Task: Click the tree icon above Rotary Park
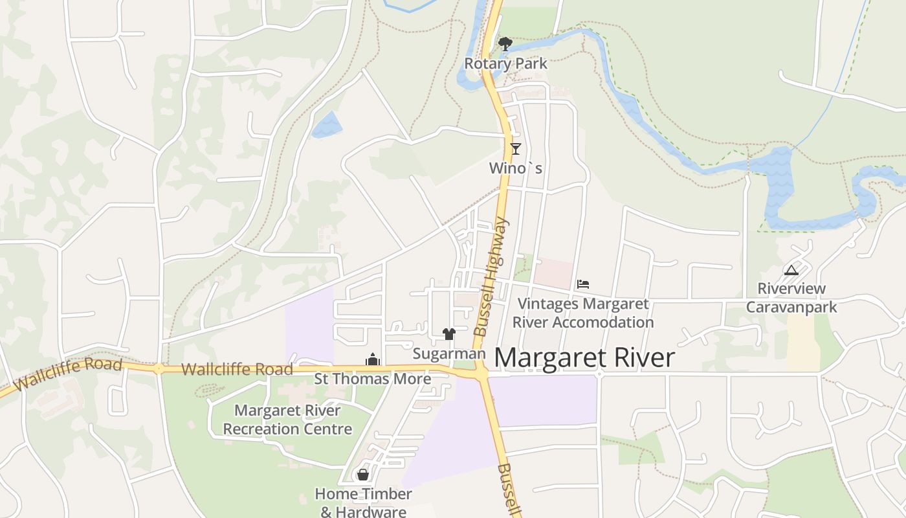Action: (x=505, y=44)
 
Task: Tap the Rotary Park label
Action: (x=505, y=63)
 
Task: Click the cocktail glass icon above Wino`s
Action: (x=515, y=149)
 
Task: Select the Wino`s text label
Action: (x=515, y=168)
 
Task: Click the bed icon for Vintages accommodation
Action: (x=583, y=284)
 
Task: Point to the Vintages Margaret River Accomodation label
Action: (x=583, y=313)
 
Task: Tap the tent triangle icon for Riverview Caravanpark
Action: (x=791, y=270)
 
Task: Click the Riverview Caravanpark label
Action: (x=791, y=298)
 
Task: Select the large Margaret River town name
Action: (x=585, y=358)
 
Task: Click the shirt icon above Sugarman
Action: (x=449, y=334)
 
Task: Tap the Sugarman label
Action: (x=448, y=354)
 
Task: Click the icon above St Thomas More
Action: (x=373, y=359)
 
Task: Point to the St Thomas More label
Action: (x=373, y=379)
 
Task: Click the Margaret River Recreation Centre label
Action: (x=287, y=420)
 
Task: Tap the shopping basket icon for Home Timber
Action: (x=363, y=475)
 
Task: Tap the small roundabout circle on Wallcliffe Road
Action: (x=159, y=368)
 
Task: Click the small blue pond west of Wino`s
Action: (x=327, y=125)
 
